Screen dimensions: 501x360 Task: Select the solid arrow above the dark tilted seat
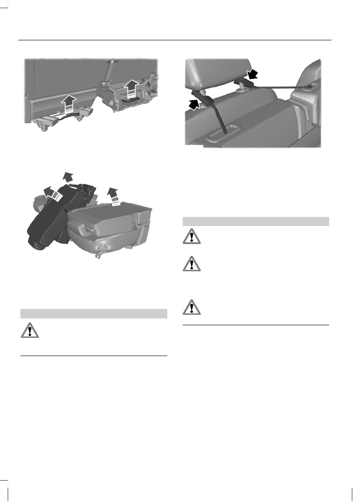pos(68,177)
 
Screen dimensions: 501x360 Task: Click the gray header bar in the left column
pos(94,313)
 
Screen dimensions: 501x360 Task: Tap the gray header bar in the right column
pos(255,221)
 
